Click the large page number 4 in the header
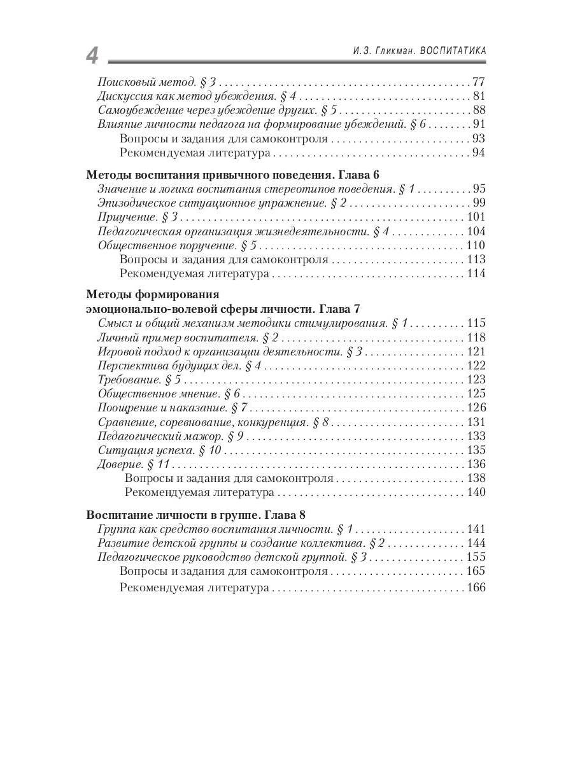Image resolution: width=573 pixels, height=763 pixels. pyautogui.click(x=92, y=55)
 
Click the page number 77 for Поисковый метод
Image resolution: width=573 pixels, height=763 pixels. pyautogui.click(x=478, y=82)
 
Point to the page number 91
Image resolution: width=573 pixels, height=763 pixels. pyautogui.click(x=478, y=124)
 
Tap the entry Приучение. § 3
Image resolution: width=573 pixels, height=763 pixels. pyautogui.click(x=136, y=217)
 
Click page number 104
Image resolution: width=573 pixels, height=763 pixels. pyautogui.click(x=475, y=231)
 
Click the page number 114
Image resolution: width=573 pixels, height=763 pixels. pyautogui.click(x=475, y=273)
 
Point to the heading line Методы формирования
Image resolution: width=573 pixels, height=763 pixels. pyautogui.click(x=152, y=295)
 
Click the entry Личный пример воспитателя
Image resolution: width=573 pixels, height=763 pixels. pyautogui.click(x=188, y=338)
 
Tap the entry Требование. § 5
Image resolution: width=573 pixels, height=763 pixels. pyautogui.click(x=139, y=380)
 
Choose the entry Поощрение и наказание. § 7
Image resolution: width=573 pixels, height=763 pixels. pyautogui.click(x=173, y=408)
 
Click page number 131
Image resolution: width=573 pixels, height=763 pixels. pyautogui.click(x=475, y=422)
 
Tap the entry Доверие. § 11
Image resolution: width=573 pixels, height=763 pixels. pyautogui.click(x=134, y=464)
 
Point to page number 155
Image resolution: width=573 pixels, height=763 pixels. pyautogui.click(x=475, y=557)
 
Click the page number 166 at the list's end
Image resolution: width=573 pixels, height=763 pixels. pyautogui.click(x=475, y=588)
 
